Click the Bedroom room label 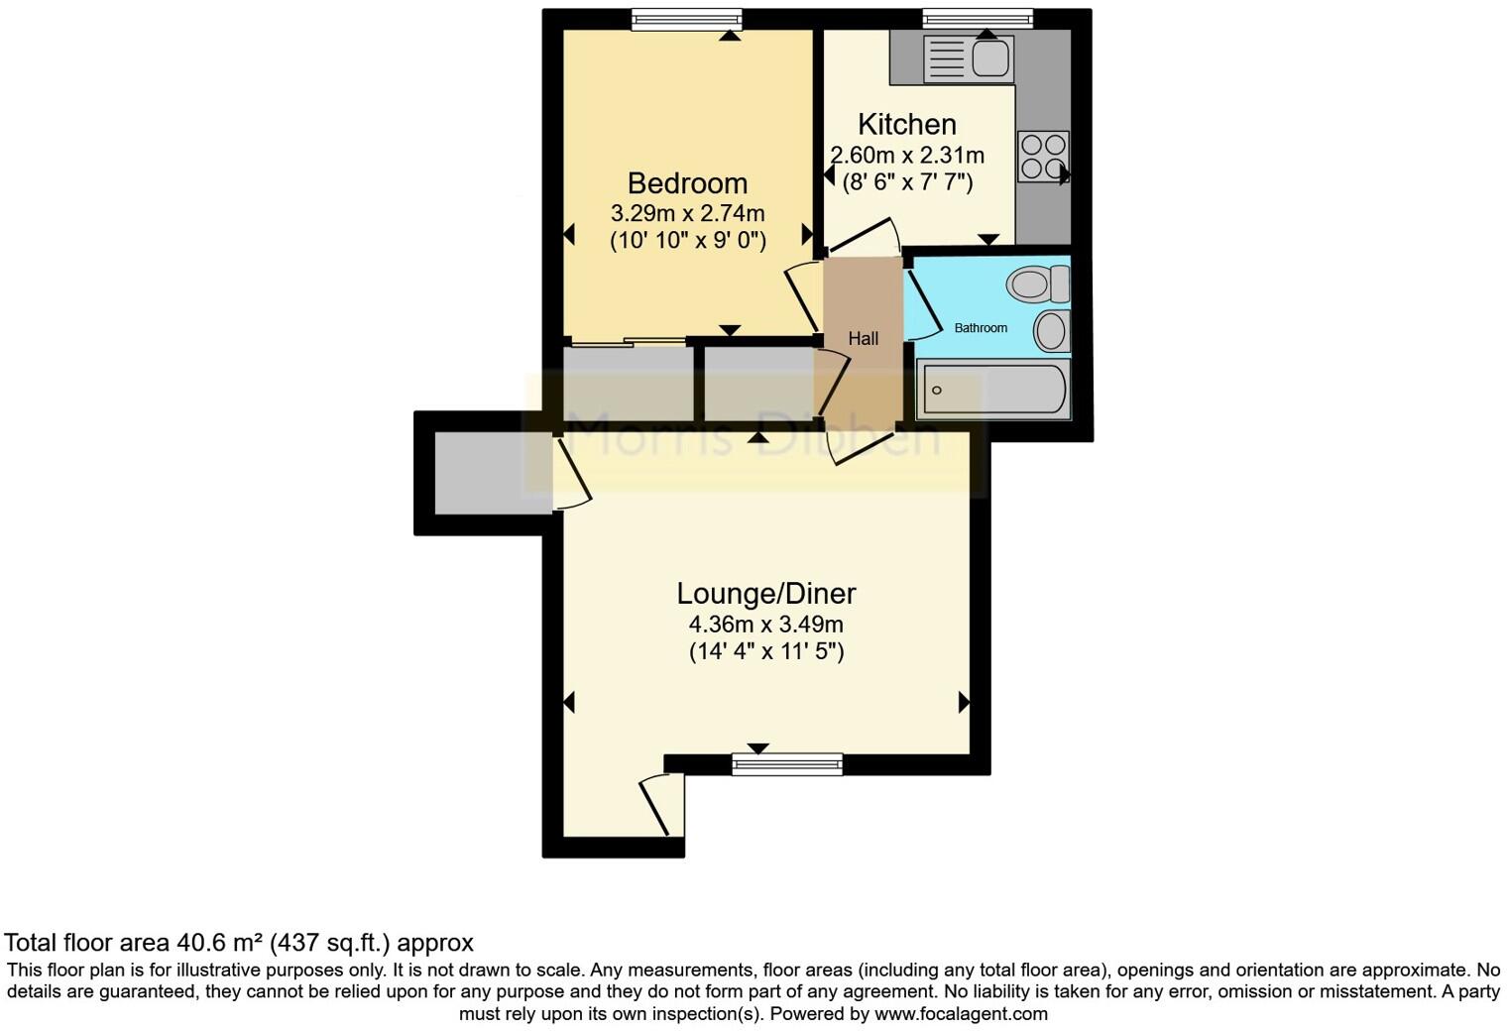(687, 183)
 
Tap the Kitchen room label (906, 125)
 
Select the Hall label (863, 339)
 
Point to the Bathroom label (981, 328)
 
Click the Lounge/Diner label (765, 594)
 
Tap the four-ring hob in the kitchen (1043, 157)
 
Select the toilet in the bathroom (1037, 286)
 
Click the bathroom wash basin (1051, 330)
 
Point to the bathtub (992, 390)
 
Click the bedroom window (686, 20)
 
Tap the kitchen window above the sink (978, 20)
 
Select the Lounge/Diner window (787, 763)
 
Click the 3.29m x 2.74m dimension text (687, 213)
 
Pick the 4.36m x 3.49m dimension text (765, 625)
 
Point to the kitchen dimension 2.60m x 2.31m (906, 156)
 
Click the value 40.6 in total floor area (200, 943)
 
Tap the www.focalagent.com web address (961, 1014)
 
